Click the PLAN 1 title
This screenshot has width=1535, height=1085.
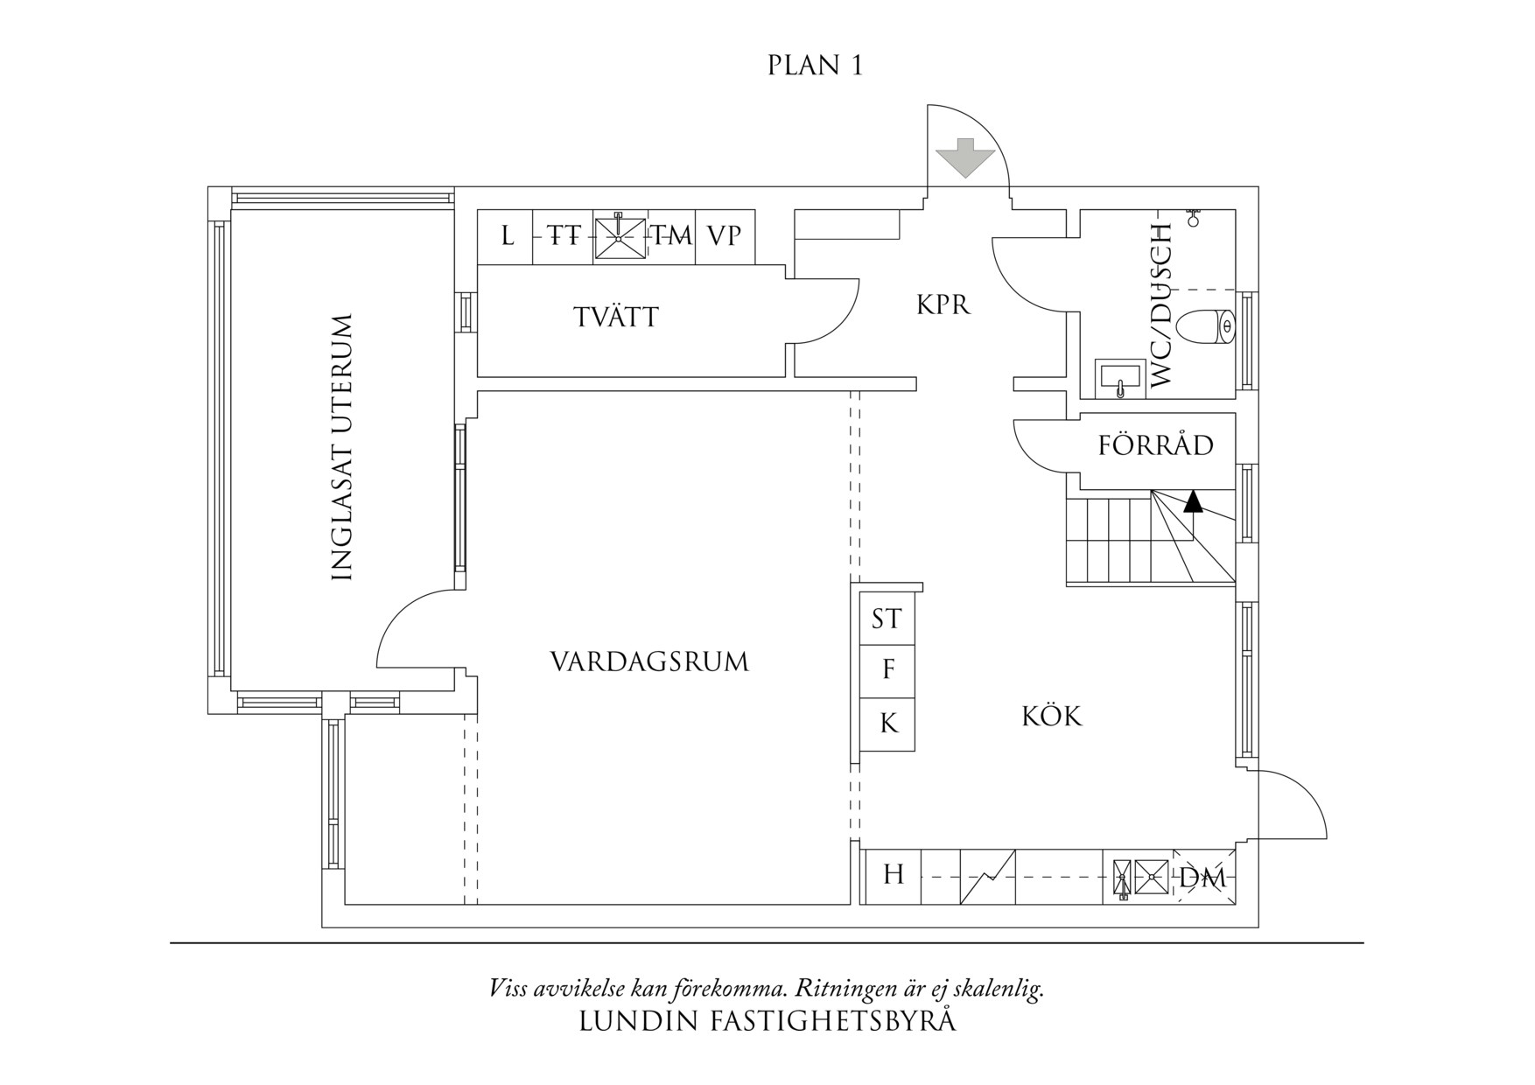(815, 66)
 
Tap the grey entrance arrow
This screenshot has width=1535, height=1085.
(965, 158)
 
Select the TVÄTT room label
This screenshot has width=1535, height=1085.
(616, 317)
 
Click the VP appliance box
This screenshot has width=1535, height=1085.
(724, 236)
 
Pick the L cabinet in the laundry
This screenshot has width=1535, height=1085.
(507, 236)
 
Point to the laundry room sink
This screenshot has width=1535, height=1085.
(619, 237)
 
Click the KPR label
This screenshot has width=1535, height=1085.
(943, 305)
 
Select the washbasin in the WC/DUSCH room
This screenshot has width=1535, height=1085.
(1120, 378)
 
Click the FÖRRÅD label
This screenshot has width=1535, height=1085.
(1155, 445)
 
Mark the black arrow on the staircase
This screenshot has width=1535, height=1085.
(1192, 502)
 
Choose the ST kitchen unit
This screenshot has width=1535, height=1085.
(887, 619)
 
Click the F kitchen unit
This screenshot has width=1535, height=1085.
(888, 670)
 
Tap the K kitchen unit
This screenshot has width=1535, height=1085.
(888, 724)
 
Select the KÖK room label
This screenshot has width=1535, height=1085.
(1052, 717)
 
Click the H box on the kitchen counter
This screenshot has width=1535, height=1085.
(893, 874)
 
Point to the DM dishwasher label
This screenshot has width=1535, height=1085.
(1202, 878)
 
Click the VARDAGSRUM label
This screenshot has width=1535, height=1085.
(649, 661)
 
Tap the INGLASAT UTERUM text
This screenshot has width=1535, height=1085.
(342, 447)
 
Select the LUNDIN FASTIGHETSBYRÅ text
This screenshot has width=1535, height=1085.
(767, 1021)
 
